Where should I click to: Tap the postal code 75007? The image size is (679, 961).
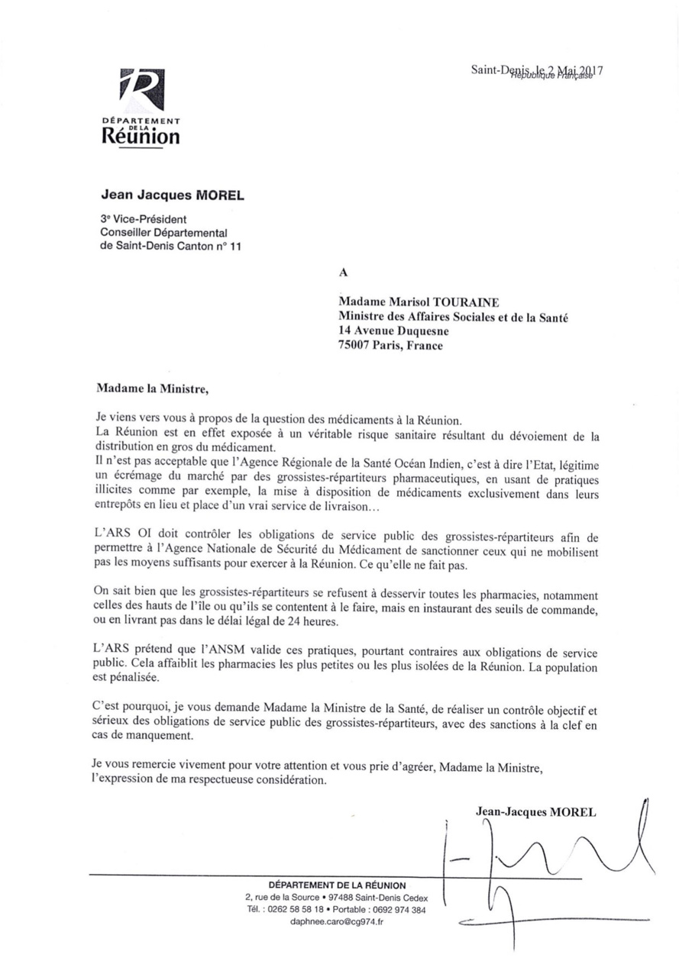point(357,345)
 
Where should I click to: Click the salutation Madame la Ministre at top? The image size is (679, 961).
point(152,388)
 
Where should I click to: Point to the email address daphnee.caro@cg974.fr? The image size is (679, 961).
point(337,921)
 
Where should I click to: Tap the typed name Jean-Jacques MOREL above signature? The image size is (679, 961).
point(535,812)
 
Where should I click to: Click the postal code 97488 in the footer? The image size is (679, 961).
point(347,897)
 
